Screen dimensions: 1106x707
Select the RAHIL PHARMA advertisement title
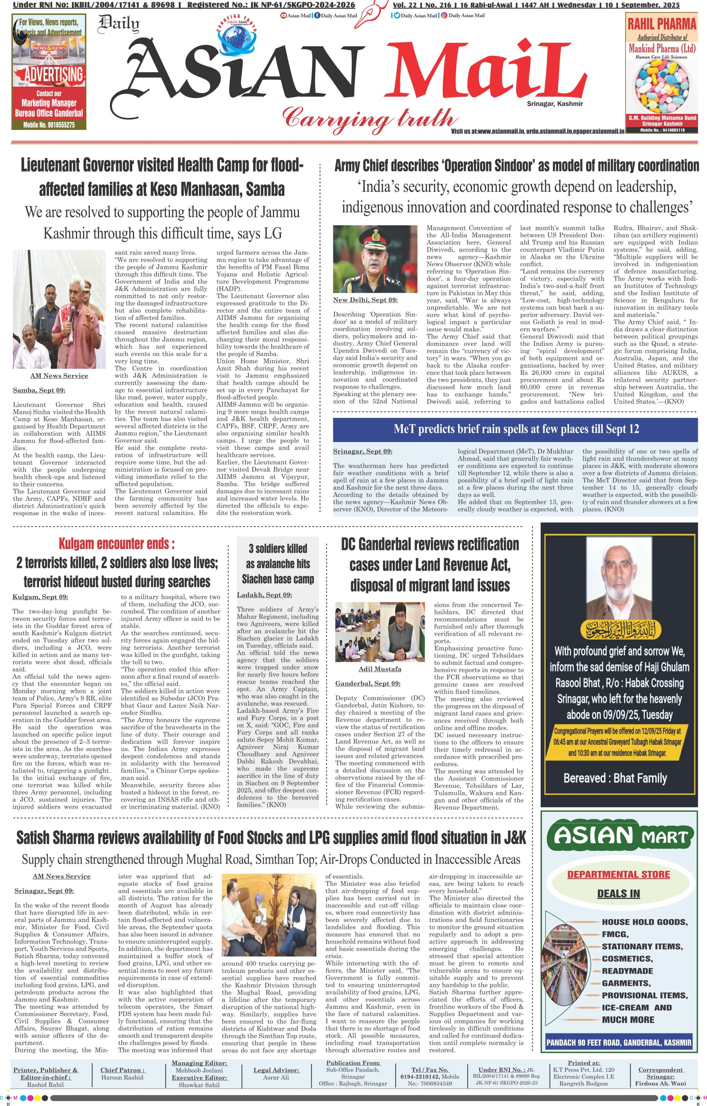(x=661, y=23)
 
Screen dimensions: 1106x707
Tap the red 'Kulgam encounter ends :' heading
(x=117, y=544)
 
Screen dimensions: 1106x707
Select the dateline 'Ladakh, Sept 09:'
(x=264, y=595)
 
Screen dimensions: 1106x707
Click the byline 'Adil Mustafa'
(x=380, y=669)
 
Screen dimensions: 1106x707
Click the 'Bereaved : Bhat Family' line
(x=615, y=778)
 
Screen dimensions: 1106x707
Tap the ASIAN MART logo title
(x=622, y=836)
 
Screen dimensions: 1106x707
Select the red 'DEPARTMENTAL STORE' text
(x=618, y=874)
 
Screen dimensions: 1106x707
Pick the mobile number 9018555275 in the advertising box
(x=49, y=125)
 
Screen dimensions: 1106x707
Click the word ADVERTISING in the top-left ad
(x=54, y=74)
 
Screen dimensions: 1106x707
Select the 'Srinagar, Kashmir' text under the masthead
(x=555, y=104)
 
